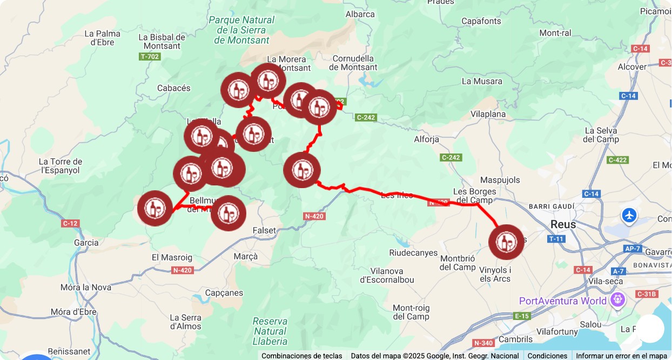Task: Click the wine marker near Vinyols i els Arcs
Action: (506, 242)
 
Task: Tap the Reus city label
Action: (563, 224)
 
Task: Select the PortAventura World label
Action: (562, 301)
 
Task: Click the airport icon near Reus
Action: (629, 215)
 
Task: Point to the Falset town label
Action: (264, 230)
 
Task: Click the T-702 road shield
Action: (150, 56)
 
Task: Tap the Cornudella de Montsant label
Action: (353, 63)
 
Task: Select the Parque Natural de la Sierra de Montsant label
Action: (241, 30)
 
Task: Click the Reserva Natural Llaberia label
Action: (270, 331)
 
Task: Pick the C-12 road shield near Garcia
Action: (70, 223)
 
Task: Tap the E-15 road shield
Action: (522, 316)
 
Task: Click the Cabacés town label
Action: (174, 88)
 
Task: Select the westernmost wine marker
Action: (155, 208)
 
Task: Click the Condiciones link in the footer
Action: (547, 356)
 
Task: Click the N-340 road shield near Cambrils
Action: (483, 343)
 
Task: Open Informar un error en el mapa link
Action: (621, 356)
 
